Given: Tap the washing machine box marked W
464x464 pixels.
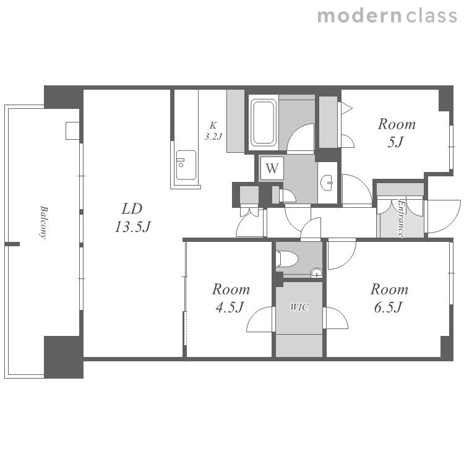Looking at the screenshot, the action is tap(272, 168).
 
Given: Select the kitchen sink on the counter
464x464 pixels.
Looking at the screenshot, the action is tap(186, 165).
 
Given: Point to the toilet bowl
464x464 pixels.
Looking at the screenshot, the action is tap(286, 259).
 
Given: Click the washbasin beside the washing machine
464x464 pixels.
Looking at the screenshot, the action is tap(327, 183).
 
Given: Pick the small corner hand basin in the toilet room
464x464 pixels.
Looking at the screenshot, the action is tap(316, 273).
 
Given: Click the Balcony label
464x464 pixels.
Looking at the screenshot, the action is tap(44, 222).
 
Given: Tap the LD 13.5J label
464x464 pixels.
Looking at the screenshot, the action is tap(132, 218).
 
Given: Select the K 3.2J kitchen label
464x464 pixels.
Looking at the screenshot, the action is tap(213, 131).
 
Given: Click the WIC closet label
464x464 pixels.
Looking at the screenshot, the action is tap(299, 307).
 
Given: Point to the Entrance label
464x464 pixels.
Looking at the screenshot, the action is tap(401, 218).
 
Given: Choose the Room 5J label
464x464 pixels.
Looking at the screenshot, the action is tap(397, 133).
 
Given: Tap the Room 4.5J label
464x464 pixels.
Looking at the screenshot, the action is tap(231, 298).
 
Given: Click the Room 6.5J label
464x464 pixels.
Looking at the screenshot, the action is tap(389, 298).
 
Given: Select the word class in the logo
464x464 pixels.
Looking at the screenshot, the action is tap(431, 16).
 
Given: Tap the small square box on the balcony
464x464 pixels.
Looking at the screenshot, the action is tap(72, 131).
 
